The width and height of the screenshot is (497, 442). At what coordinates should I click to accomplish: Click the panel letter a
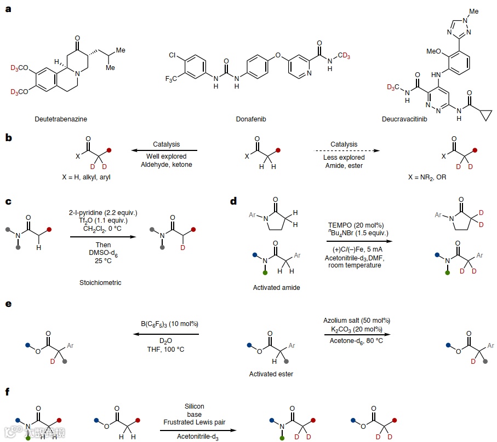click(8, 9)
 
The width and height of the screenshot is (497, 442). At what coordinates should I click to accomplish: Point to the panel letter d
click(233, 201)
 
